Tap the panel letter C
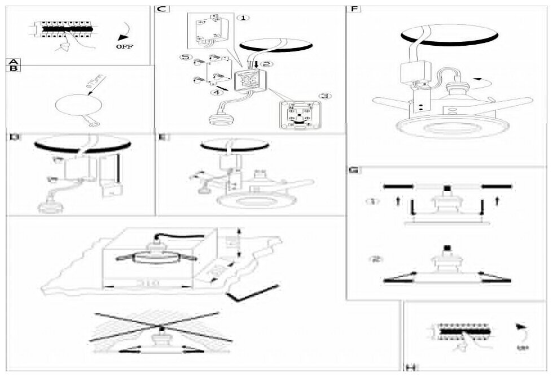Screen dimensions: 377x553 161,9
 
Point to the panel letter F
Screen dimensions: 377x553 354,9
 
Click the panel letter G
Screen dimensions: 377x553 354,170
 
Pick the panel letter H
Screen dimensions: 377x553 410,368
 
